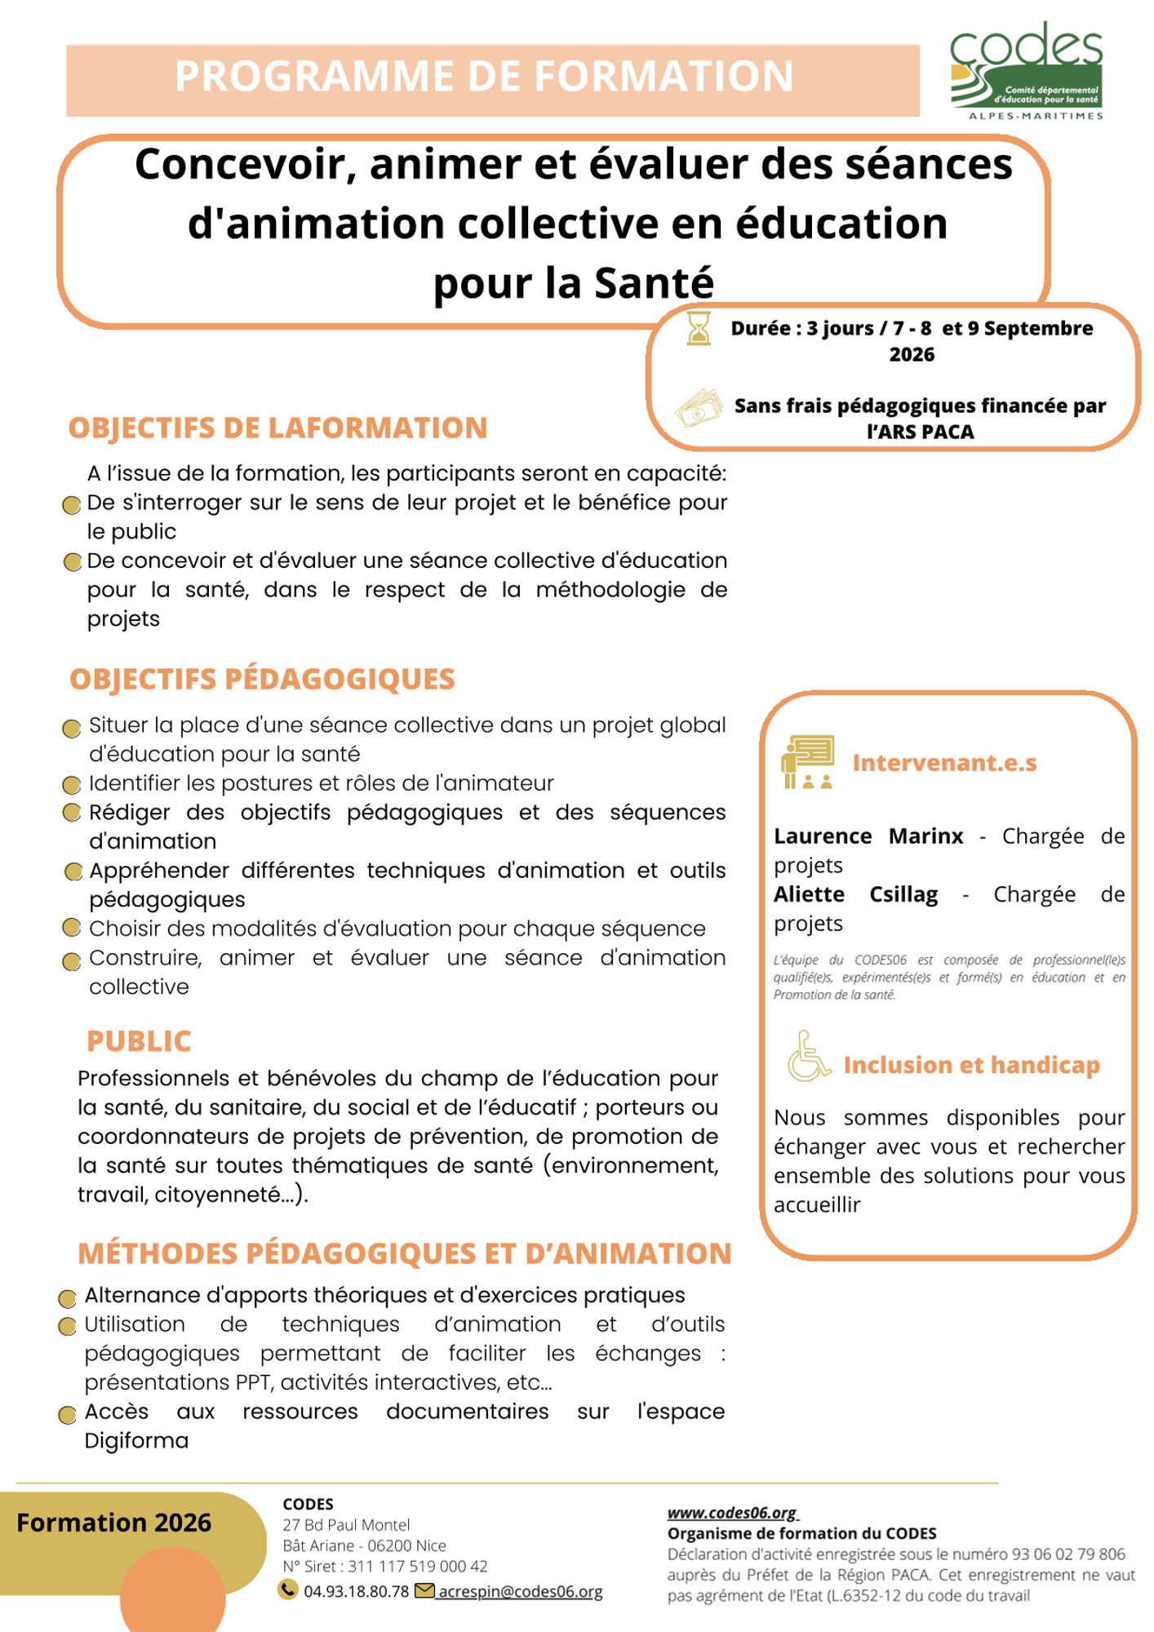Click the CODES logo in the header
[1027, 72]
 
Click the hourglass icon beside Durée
[699, 328]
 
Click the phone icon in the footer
[287, 1589]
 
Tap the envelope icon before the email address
[424, 1590]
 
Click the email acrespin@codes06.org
[521, 1591]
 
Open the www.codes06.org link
[732, 1512]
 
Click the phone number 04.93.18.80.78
[356, 1591]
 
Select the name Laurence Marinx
[868, 836]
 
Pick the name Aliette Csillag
[855, 894]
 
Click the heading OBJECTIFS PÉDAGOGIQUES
[262, 679]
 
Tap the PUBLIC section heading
[139, 1041]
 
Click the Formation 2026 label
[113, 1523]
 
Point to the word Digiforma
[136, 1441]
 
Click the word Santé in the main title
[654, 283]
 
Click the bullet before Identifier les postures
[72, 785]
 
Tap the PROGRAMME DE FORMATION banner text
[484, 77]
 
